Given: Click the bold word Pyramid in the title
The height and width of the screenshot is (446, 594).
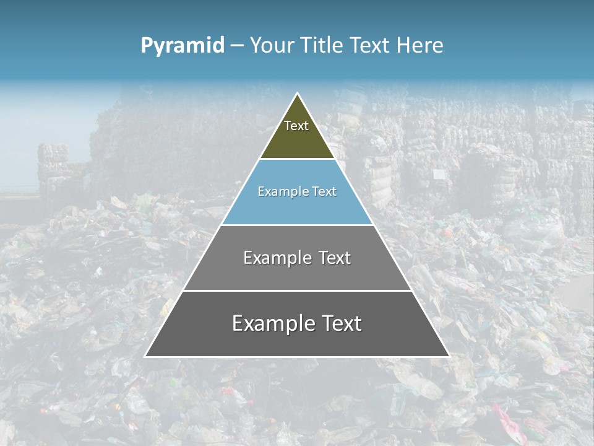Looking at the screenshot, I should [x=183, y=46].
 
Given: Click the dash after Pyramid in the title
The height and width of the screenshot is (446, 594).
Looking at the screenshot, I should [x=237, y=46].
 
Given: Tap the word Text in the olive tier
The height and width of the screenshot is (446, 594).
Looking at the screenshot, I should [x=296, y=126].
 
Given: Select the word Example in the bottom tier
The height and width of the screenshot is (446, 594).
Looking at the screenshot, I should [x=272, y=323].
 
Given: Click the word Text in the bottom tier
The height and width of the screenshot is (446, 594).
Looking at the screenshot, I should [x=339, y=323].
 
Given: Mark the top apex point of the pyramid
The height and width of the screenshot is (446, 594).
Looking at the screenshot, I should [x=298, y=94].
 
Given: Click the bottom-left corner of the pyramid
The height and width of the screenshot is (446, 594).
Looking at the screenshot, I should [x=145, y=356].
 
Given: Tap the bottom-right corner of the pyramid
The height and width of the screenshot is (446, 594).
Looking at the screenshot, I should [x=449, y=356].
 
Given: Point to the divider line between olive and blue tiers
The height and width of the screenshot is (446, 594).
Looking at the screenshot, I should [x=297, y=159].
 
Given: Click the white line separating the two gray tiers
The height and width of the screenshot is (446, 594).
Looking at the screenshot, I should [x=297, y=291].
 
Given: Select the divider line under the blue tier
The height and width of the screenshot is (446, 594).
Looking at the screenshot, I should [x=297, y=225].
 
